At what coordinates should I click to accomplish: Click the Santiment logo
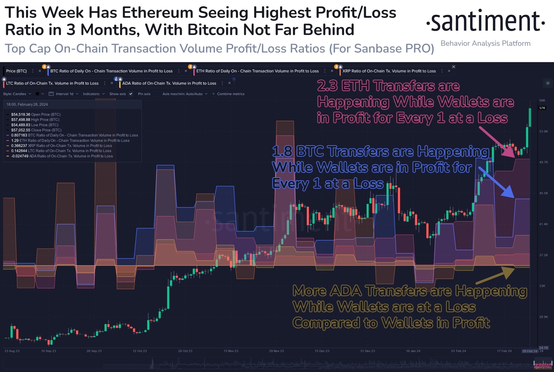485,21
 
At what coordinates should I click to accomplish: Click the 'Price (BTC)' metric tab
17,71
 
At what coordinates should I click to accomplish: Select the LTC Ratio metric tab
52,83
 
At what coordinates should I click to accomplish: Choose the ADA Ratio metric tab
169,83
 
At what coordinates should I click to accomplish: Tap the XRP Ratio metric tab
389,71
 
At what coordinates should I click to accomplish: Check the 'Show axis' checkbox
131,94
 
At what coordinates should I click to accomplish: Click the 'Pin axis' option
144,94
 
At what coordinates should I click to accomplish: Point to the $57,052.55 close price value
21,130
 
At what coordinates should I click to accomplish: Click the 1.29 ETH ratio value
15,141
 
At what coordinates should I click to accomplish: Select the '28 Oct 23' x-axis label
185,351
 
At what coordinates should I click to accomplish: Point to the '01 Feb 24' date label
458,351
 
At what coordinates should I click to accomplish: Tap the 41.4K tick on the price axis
543,224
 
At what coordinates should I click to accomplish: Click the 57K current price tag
542,108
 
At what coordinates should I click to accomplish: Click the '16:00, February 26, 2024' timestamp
27,105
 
